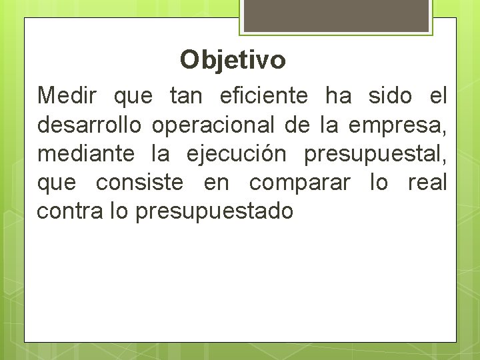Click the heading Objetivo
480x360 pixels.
tap(233, 60)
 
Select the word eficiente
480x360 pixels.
tap(263, 96)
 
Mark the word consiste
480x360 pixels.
tap(139, 182)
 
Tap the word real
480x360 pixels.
tap(427, 182)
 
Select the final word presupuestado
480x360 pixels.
tap(214, 212)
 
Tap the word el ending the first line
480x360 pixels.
tap(437, 96)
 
